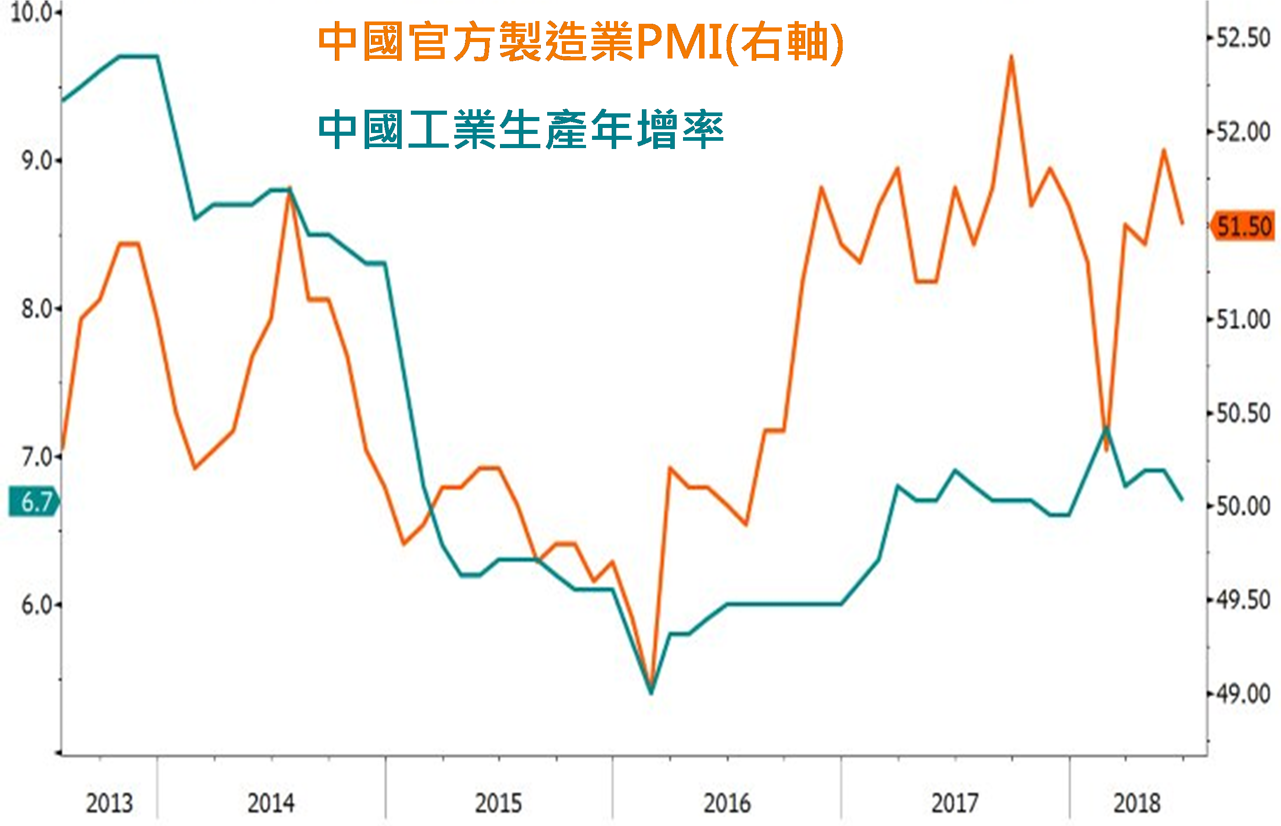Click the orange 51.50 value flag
coord(1243,226)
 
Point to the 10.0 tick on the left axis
coord(31,13)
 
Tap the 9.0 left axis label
coord(37,161)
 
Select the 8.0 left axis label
coord(37,309)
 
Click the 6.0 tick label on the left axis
coord(37,605)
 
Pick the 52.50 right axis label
coord(1243,37)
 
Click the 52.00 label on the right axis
coord(1243,131)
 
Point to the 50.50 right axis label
coord(1243,413)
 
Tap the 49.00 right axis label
coord(1243,694)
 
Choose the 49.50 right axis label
coord(1243,600)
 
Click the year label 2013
coord(109,803)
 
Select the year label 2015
coord(498,803)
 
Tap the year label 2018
coord(1136,803)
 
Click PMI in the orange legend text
coord(679,42)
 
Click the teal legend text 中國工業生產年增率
coord(521,130)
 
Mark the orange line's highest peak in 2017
coord(1011,56)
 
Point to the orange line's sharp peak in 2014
coord(290,189)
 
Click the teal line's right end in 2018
coord(1182,499)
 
